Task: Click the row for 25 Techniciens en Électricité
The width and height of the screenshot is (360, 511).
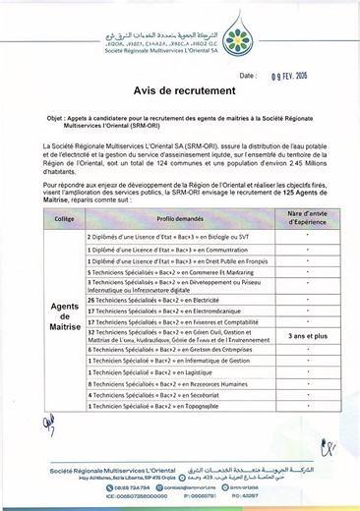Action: click(x=162, y=299)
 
